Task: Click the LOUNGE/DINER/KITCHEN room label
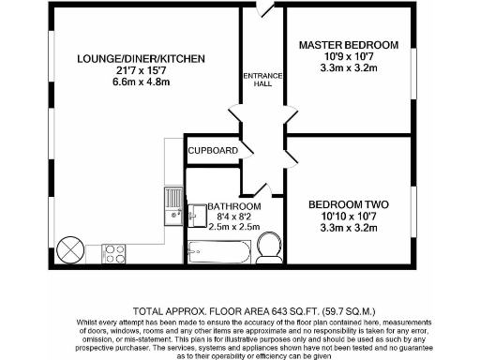point(141,59)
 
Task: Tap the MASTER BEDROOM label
point(349,45)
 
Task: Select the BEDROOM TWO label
point(349,202)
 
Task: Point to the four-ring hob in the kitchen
point(113,252)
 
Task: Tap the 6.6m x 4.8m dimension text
point(141,82)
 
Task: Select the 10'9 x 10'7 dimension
point(349,57)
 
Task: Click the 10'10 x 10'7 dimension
point(349,215)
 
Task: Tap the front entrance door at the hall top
point(264,9)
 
